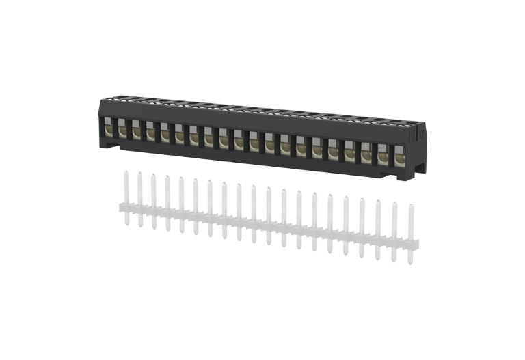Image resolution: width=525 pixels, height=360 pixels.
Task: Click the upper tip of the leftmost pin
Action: (125, 173)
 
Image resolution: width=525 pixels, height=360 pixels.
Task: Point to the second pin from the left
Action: (139, 198)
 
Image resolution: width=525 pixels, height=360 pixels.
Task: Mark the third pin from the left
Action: (152, 200)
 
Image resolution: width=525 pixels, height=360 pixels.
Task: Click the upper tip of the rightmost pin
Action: (411, 205)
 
